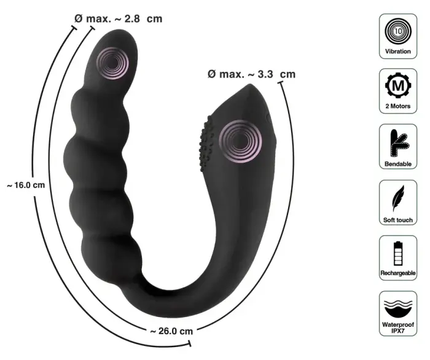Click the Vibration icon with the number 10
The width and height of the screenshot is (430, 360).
pos(398,30)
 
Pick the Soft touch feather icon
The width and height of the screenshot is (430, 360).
pos(398,197)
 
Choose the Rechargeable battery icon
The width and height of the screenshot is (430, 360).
pos(398,252)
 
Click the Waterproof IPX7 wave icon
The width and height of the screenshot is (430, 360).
pos(398,307)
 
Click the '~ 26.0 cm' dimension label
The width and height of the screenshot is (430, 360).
pos(171,331)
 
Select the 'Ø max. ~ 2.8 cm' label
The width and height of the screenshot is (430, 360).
pos(118,18)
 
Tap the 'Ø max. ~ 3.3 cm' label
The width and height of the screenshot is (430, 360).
pos(251,74)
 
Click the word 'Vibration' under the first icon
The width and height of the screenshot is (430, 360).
pos(398,52)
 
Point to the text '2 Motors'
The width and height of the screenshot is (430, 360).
pos(398,107)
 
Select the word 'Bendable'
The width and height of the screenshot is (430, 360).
pos(398,164)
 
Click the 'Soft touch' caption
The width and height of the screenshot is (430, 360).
pos(398,219)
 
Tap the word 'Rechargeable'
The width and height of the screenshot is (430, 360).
pos(398,272)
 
